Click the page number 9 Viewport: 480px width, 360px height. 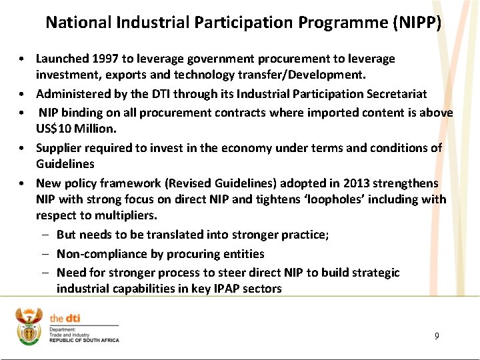tap(437, 336)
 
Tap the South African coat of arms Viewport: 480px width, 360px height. tap(29, 326)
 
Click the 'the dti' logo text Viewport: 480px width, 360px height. tap(66, 318)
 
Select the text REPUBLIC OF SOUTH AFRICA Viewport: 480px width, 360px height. tap(84, 340)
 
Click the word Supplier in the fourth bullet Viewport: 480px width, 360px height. tap(59, 147)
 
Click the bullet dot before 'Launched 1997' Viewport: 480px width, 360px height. tap(23, 59)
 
